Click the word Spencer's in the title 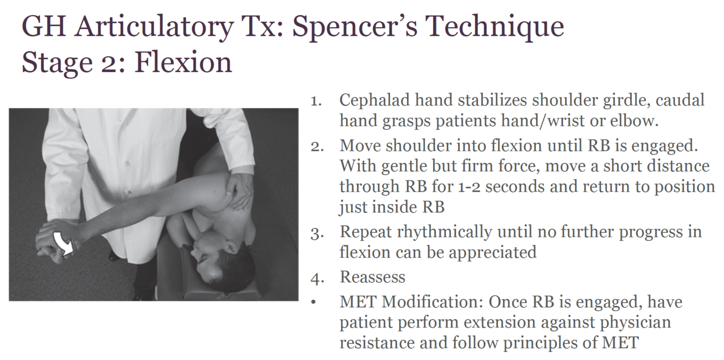pos(354,27)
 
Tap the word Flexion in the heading pos(183,62)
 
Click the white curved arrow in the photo pos(63,244)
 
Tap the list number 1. pos(316,102)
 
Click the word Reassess pos(372,277)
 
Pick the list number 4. pos(317,279)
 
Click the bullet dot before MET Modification pos(313,302)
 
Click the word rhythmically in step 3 pos(444,233)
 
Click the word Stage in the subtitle pos(57,63)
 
